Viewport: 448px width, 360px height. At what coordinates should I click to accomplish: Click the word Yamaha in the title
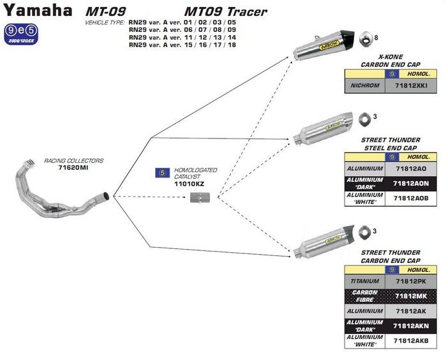(36, 11)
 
